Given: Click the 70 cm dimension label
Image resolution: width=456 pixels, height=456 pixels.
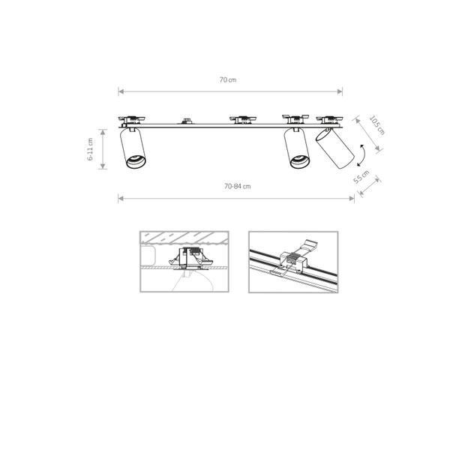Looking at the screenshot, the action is (228, 79).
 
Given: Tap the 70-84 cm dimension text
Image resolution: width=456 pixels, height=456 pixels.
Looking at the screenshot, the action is (237, 186).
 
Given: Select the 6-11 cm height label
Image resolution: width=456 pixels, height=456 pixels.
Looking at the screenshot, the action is (90, 149).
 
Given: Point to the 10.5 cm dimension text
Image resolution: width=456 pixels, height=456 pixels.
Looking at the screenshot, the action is (377, 125).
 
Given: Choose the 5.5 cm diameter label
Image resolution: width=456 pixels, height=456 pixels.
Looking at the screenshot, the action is (361, 177).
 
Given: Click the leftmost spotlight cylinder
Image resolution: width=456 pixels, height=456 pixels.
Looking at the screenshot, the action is (133, 148).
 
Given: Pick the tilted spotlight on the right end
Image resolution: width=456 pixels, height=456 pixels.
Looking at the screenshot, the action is (334, 148).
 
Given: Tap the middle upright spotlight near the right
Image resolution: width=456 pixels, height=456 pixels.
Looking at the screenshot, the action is (297, 148).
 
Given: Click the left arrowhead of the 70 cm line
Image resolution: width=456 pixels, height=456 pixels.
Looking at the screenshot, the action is (121, 91).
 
